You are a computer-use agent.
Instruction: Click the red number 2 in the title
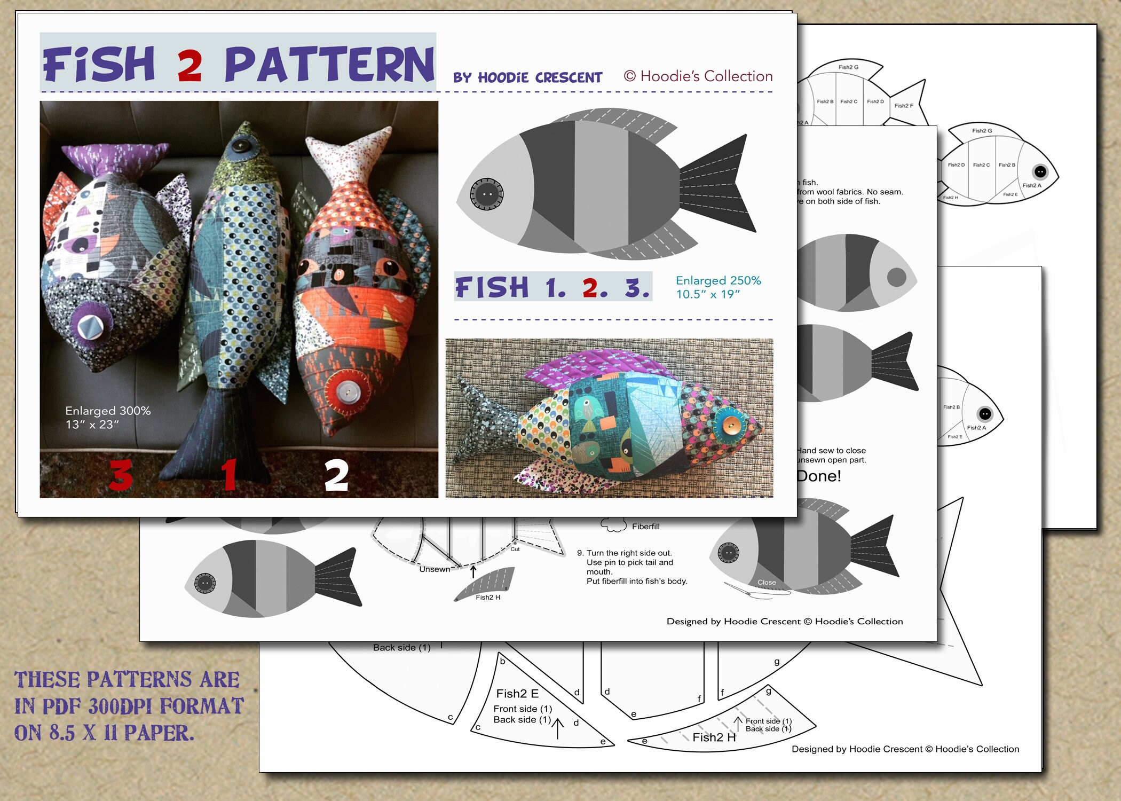[190, 65]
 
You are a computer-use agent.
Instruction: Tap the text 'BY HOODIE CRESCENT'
[527, 78]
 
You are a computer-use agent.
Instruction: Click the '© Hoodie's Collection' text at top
[698, 76]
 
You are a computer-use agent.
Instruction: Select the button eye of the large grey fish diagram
[486, 193]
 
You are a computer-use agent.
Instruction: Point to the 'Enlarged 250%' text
[718, 280]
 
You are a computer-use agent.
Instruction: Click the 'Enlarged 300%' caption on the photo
[108, 411]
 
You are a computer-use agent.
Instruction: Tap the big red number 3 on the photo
[121, 475]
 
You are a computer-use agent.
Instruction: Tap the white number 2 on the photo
[336, 475]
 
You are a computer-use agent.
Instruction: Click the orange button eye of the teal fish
[730, 425]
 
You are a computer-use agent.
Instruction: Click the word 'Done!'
[819, 476]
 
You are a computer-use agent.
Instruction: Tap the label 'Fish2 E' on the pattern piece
[517, 694]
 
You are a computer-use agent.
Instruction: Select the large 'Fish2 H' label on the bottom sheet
[714, 737]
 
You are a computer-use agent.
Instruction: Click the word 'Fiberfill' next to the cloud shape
[645, 527]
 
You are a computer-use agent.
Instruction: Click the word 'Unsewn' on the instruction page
[435, 569]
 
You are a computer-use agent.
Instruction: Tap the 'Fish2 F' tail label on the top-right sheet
[904, 106]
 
